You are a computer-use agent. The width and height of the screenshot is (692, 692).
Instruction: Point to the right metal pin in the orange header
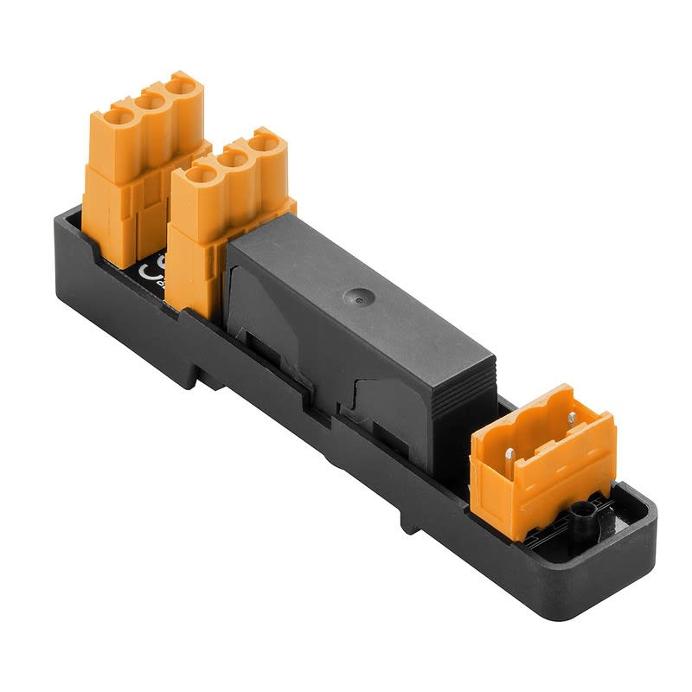[x=573, y=419]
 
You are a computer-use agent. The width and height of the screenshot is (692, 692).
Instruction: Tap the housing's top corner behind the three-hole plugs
[x=65, y=216]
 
